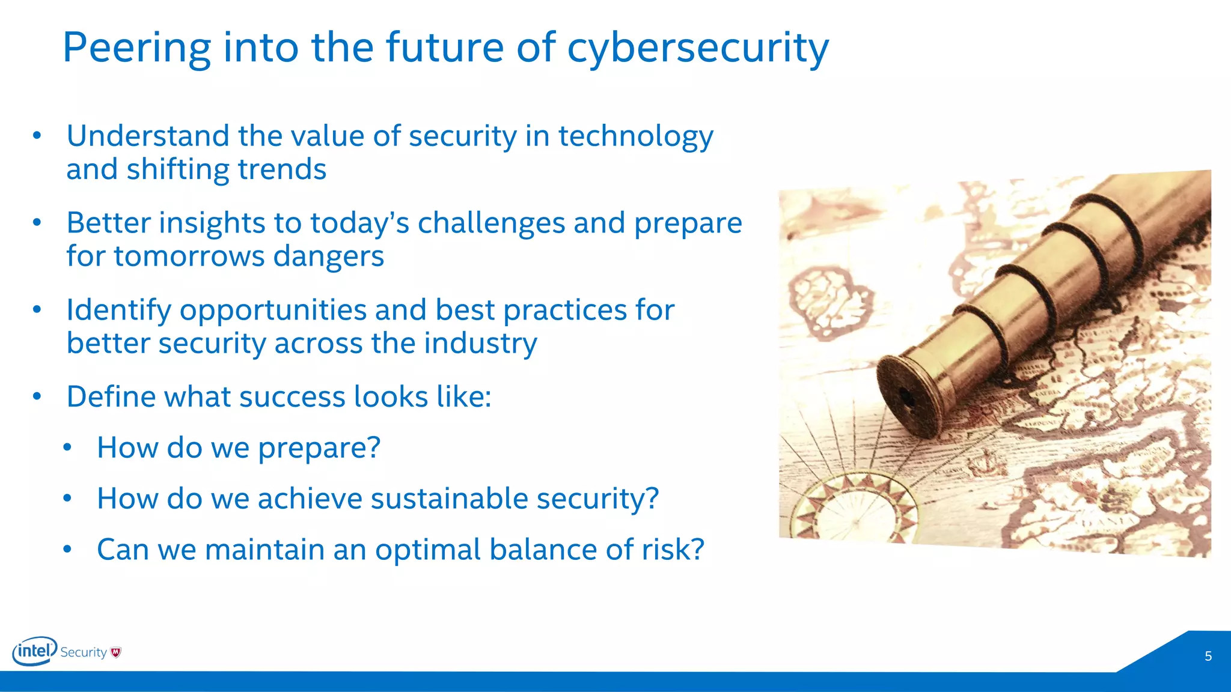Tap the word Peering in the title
136,48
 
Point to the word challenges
491,223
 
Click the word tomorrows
189,256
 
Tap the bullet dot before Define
37,397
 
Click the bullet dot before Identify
37,310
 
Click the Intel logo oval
34,651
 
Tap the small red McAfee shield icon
116,652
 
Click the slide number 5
1208,657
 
